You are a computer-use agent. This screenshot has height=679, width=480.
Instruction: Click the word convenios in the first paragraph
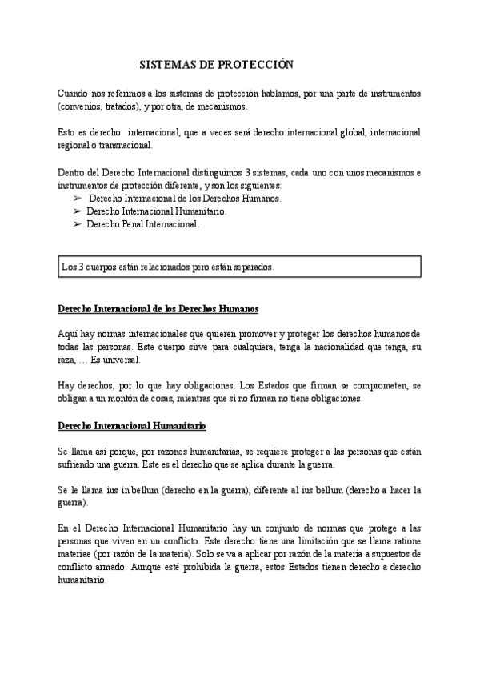pos(82,106)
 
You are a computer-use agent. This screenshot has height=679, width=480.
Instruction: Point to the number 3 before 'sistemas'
pos(259,172)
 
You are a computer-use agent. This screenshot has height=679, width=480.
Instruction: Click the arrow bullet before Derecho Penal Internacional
pos(78,225)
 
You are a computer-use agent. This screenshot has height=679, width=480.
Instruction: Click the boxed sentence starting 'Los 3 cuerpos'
pos(167,267)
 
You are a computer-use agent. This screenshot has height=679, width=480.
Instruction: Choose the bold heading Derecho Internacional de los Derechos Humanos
pos(158,308)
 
